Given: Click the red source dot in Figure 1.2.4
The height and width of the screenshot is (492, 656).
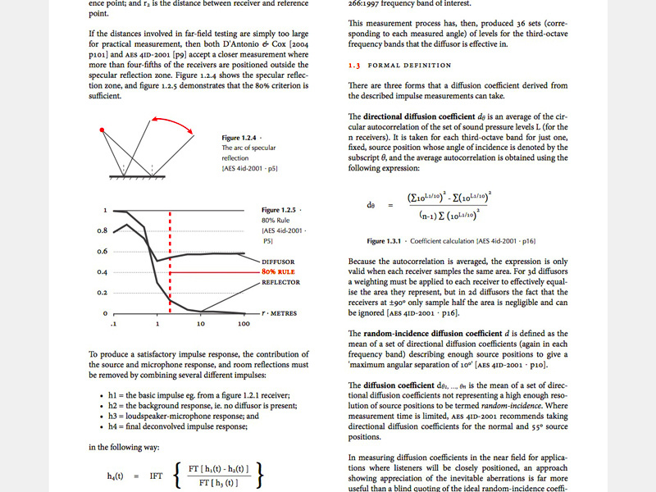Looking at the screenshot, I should click(102, 130).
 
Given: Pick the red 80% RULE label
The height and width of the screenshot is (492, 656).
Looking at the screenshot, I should click(279, 271).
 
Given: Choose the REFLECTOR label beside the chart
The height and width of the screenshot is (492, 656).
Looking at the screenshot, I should click(280, 282).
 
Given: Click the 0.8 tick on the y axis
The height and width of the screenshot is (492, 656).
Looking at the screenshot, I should click(102, 231).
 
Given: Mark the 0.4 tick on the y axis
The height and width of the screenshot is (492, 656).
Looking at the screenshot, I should click(102, 272).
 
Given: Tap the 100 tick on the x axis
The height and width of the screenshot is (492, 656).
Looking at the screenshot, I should click(244, 325).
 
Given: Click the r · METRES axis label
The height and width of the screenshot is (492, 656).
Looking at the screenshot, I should click(280, 313).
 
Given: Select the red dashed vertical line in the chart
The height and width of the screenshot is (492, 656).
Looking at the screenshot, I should click(169, 262).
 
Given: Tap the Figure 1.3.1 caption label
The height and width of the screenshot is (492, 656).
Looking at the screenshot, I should click(385, 241).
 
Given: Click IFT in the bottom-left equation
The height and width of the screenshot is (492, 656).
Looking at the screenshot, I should click(157, 476).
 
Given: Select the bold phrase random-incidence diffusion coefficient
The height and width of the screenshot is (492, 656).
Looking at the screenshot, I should click(439, 334).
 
